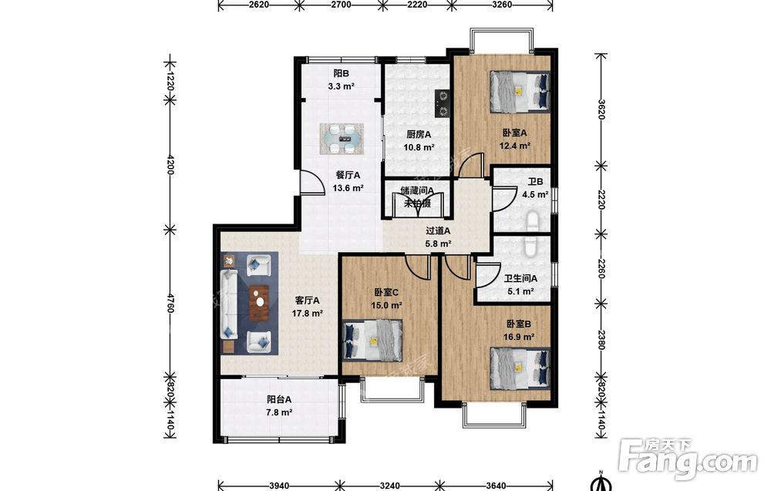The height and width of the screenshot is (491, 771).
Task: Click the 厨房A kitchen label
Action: pos(419,134)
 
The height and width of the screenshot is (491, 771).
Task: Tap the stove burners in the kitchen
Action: pos(442,104)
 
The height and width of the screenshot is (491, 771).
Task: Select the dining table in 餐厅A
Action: pos(342,139)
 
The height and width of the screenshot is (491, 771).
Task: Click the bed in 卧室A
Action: pos(519,91)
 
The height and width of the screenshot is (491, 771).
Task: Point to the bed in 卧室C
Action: pos(372,340)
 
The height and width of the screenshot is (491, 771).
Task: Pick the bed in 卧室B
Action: pos(520,368)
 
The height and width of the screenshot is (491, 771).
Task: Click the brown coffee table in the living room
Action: pos(258,303)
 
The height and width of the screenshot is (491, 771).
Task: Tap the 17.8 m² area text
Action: pos(308,313)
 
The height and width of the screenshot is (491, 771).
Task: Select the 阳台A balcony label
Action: pos(279,399)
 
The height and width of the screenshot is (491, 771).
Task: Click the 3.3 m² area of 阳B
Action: pos(342,86)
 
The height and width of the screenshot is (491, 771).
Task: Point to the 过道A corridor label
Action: pos(438,230)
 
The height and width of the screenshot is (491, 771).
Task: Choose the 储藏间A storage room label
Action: pos(417,190)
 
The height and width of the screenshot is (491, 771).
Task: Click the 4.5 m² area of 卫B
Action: pos(535,195)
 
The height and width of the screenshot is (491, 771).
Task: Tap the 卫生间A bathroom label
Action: pos(520,279)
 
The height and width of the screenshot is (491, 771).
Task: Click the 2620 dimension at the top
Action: pos(259,5)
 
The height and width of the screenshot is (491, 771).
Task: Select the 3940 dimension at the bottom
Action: pos(279,486)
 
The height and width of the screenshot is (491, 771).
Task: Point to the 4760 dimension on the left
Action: pos(170,303)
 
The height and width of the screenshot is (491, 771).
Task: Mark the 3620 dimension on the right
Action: pos(601,110)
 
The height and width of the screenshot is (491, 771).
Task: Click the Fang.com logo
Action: pos(689,459)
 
